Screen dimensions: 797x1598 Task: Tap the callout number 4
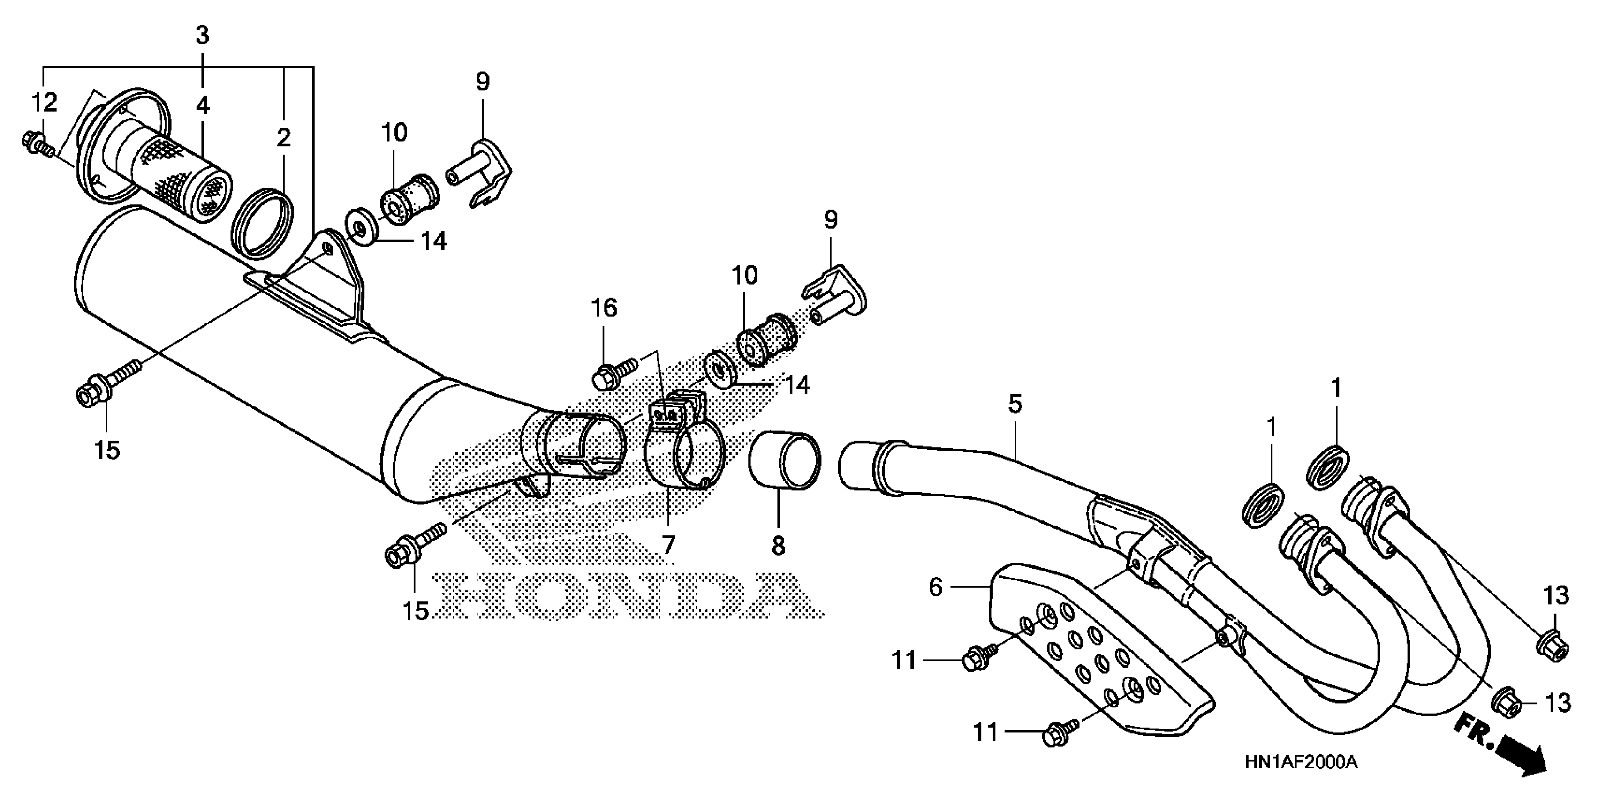point(202,105)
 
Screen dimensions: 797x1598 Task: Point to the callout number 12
point(44,102)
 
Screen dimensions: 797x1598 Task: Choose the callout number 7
point(667,545)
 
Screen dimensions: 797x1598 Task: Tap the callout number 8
point(778,546)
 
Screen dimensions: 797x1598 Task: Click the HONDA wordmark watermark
point(627,595)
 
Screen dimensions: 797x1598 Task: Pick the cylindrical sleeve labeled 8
point(785,460)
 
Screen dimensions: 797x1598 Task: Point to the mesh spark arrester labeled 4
point(186,167)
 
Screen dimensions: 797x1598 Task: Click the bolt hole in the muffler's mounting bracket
point(327,251)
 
